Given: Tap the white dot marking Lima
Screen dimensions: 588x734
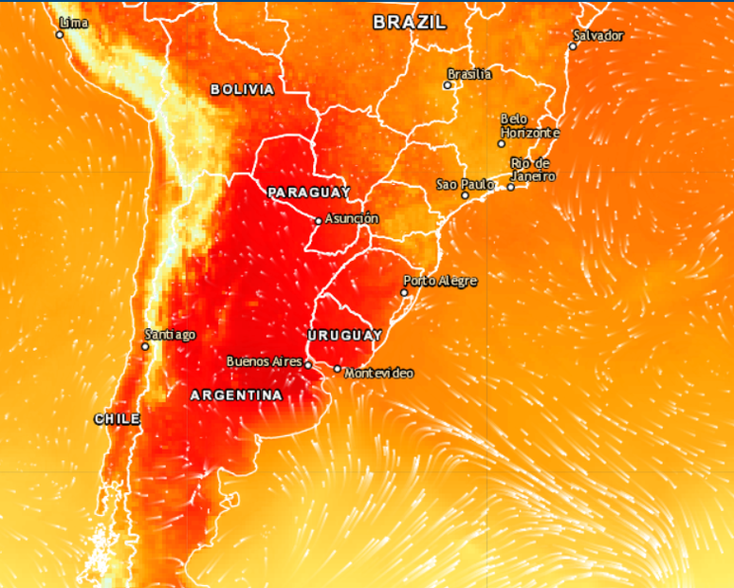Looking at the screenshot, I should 60,35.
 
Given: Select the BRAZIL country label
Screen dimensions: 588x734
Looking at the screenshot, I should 409,23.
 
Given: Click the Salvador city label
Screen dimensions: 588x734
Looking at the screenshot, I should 599,35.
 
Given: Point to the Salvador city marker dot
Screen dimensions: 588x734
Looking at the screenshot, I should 573,46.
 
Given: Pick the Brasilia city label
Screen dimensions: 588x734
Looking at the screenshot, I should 469,74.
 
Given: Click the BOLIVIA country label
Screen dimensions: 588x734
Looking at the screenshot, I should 242,89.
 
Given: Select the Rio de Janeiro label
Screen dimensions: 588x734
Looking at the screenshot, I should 532,170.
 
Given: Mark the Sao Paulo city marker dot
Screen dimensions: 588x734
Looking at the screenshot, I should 466,195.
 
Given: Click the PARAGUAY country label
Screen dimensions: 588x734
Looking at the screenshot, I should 309,193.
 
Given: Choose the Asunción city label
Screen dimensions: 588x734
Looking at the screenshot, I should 352,219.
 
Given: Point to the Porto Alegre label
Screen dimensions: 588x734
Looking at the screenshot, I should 440,281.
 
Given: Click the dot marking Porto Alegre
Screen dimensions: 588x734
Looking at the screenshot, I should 405,292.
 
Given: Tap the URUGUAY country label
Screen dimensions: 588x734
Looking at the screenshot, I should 344,335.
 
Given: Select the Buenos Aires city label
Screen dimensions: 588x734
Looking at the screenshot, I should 265,361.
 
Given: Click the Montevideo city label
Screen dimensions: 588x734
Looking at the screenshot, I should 379,374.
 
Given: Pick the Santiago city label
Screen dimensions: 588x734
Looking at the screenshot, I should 170,334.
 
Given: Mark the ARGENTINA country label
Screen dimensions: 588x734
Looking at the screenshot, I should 236,395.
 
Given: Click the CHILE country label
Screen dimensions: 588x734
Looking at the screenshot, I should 117,418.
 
